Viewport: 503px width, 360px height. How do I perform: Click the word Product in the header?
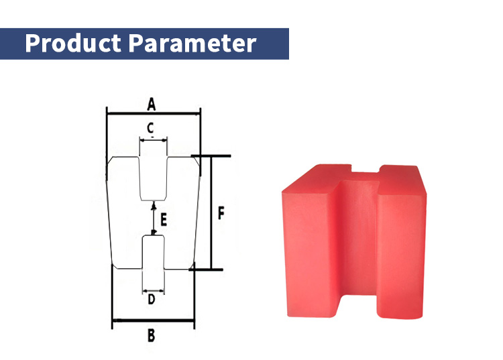72,44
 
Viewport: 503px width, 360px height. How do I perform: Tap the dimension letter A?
152,104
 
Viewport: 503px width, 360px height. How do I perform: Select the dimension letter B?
151,335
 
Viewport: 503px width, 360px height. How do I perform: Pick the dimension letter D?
152,299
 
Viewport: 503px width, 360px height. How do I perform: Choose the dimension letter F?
221,213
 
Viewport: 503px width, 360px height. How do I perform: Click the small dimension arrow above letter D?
153,291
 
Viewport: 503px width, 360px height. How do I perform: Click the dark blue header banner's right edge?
288,44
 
